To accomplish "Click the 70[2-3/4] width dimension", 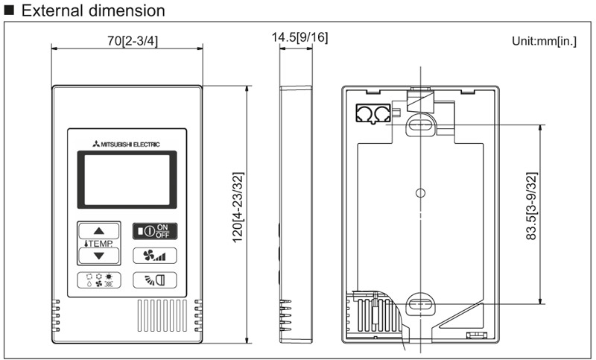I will [127, 38].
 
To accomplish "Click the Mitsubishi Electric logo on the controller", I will [127, 143].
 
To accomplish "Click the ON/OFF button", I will [156, 231].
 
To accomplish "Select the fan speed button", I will [156, 256].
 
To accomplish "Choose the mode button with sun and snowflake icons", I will [99, 281].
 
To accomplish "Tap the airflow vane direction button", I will [156, 280].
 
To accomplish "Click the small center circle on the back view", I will [420, 193].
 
